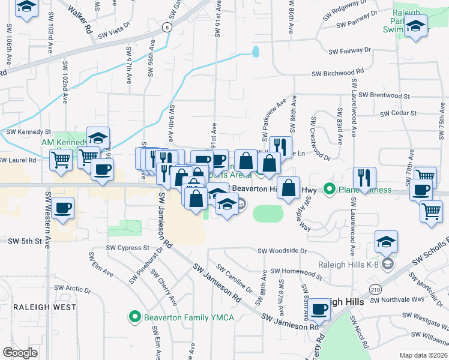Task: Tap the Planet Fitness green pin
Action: click(329, 190)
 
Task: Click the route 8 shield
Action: click(165, 28)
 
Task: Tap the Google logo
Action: click(20, 353)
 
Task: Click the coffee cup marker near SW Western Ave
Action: click(62, 209)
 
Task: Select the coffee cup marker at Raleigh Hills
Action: click(319, 310)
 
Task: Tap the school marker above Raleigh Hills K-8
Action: click(387, 242)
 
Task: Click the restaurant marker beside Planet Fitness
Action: click(364, 177)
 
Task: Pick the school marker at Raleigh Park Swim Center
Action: click(415, 27)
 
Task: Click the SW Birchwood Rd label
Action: click(337, 73)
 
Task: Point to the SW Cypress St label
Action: click(127, 247)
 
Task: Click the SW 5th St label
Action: click(23, 241)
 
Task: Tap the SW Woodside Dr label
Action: click(282, 251)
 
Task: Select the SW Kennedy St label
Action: click(28, 131)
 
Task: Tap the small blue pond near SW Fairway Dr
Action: click(256, 52)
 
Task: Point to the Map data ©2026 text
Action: click(423, 355)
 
